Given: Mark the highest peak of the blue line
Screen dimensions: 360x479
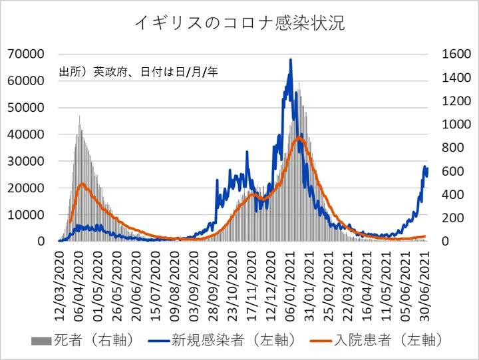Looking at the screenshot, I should coord(291,60).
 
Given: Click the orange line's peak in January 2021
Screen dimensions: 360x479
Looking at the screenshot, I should coord(299,138).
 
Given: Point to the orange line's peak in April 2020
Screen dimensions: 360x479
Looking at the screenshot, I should coord(81,184).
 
